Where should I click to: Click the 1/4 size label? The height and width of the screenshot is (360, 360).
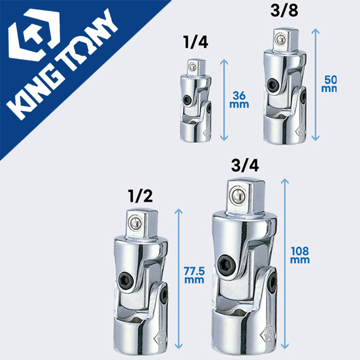(x=196, y=42)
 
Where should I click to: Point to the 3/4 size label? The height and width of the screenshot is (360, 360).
(x=245, y=165)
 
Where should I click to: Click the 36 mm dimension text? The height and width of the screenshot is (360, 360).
(x=239, y=99)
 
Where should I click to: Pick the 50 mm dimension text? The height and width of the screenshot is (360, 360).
(x=329, y=84)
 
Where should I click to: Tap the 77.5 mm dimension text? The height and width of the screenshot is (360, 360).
(x=194, y=275)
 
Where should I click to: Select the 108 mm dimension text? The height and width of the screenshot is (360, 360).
(x=300, y=255)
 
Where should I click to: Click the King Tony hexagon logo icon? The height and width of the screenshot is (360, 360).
(x=34, y=35)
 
